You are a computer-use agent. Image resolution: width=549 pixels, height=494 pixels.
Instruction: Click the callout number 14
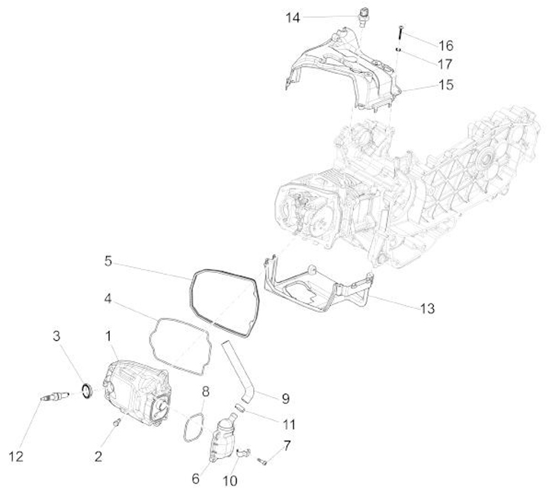(294, 17)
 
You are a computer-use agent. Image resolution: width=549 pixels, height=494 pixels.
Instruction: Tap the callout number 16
(446, 45)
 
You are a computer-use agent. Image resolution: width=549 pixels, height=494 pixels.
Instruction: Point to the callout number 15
(446, 85)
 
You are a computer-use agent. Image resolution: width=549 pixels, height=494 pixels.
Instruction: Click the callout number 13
(428, 308)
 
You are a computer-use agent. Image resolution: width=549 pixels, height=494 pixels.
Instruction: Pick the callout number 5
(108, 261)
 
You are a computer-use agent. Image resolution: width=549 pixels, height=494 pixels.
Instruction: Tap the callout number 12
(17, 457)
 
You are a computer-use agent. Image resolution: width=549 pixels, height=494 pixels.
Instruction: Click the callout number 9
(285, 398)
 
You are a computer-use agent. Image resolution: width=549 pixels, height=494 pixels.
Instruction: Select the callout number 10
(230, 481)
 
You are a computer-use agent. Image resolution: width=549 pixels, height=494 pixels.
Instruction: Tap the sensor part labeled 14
(362, 15)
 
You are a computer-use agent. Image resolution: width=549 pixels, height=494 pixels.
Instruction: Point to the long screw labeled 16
(399, 33)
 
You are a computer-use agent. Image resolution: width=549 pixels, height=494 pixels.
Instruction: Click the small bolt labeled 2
(117, 422)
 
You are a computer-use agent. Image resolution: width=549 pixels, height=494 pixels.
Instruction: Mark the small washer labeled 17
(398, 49)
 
